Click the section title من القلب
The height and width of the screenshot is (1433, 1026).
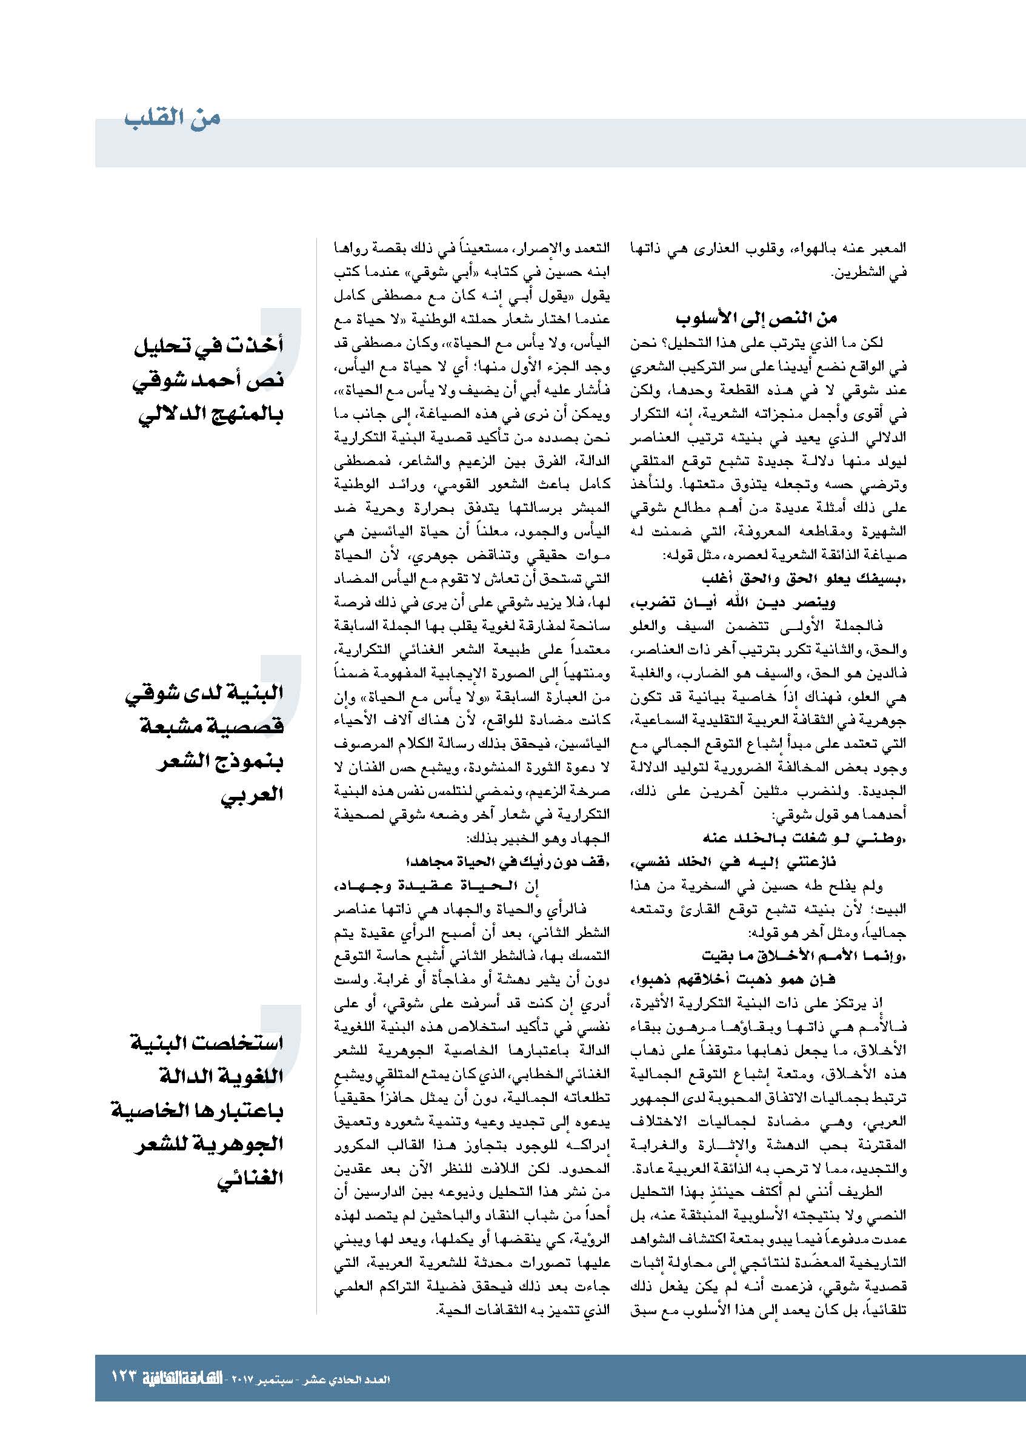pos(172,119)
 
